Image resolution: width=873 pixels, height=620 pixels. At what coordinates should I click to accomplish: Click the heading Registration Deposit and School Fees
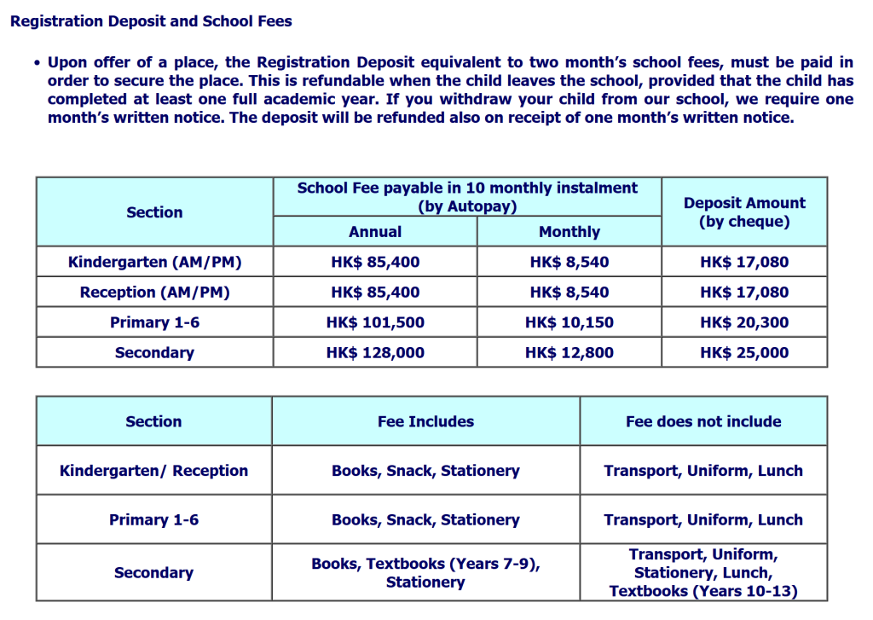pos(151,21)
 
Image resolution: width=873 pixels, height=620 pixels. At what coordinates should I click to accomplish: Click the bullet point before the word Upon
pos(38,64)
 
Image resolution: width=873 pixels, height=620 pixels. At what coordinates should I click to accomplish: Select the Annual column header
pos(375,232)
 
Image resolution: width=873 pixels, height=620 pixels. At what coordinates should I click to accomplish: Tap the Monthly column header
pos(569,232)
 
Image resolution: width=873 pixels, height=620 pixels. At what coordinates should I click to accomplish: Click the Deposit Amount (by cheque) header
pos(744,212)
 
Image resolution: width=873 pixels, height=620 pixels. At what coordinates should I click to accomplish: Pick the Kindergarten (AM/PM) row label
pos(154,263)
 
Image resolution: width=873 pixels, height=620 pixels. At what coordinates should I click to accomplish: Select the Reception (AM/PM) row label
pos(154,293)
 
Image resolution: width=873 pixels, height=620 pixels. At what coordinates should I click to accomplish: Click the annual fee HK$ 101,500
pos(375,322)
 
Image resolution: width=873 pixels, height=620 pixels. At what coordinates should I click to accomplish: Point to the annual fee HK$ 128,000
pos(375,352)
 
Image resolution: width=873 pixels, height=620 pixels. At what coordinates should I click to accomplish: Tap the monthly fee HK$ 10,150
pos(569,322)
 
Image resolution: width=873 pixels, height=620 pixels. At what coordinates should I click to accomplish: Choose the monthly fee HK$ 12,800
pos(569,352)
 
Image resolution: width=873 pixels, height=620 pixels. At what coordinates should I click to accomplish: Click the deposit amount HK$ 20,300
pos(744,322)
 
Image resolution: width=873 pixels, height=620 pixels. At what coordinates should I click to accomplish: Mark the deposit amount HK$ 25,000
pos(744,352)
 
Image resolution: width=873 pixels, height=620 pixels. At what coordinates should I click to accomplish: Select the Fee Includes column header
pos(425,421)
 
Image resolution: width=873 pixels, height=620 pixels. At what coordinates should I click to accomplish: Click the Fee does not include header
pos(703,421)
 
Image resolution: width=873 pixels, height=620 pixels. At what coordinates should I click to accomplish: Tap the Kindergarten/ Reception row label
pos(153,471)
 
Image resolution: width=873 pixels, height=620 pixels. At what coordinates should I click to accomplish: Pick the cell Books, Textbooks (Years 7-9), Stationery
pos(425,573)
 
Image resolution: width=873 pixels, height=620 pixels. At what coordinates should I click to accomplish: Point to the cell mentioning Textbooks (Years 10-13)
pos(703,573)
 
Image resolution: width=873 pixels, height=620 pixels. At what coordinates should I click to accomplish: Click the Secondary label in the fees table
pos(154,352)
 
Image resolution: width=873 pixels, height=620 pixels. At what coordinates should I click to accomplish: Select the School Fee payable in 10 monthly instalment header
pos(467,197)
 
